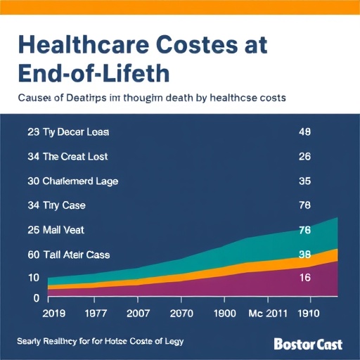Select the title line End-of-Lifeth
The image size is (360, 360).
pyautogui.click(x=90, y=73)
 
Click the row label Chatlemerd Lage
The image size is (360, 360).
pyautogui.click(x=81, y=181)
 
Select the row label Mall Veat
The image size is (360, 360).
pyautogui.click(x=70, y=230)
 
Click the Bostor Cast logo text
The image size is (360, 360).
pyautogui.click(x=308, y=345)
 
